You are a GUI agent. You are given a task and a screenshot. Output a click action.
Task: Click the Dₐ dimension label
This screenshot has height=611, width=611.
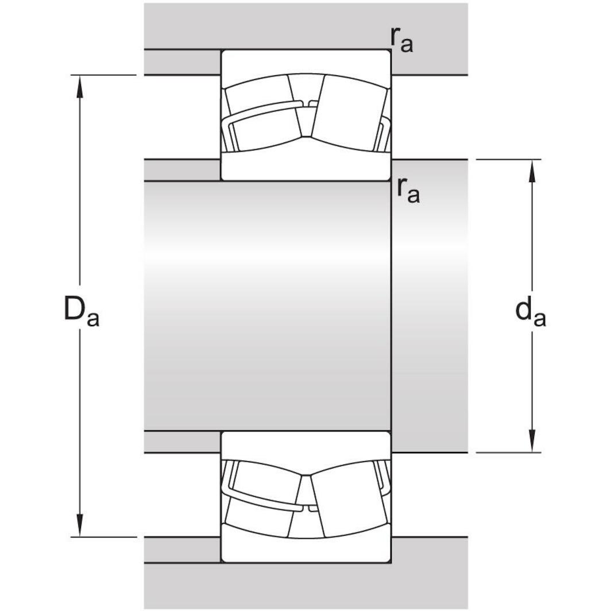pyautogui.click(x=81, y=312)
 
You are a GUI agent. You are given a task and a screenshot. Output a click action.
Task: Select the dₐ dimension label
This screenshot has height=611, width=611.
pyautogui.click(x=530, y=312)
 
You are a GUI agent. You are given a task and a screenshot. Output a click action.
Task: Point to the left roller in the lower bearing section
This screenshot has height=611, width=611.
pyautogui.click(x=261, y=500)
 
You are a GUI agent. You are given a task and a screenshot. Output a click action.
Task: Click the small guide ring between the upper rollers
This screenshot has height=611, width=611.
pyautogui.click(x=313, y=104)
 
